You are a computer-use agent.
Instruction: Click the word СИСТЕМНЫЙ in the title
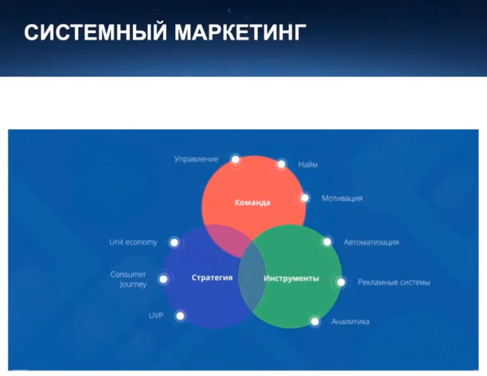pyautogui.click(x=95, y=32)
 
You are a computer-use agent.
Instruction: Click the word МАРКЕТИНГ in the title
pyautogui.click(x=240, y=32)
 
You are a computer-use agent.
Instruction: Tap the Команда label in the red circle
pyautogui.click(x=253, y=203)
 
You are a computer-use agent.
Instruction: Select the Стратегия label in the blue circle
pyautogui.click(x=212, y=277)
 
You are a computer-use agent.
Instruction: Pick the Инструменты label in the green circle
pyautogui.click(x=291, y=278)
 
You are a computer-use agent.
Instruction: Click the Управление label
pyautogui.click(x=196, y=159)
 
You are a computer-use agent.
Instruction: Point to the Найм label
pyautogui.click(x=308, y=165)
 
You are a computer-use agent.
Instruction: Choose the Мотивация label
pyautogui.click(x=342, y=198)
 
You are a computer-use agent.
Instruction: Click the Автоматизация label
pyautogui.click(x=371, y=242)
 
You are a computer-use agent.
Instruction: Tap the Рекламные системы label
pyautogui.click(x=394, y=283)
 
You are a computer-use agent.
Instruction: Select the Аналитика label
pyautogui.click(x=350, y=321)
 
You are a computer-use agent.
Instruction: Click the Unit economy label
pyautogui.click(x=133, y=242)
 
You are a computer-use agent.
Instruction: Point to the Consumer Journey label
pyautogui.click(x=129, y=279)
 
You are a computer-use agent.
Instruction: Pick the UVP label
pyautogui.click(x=156, y=316)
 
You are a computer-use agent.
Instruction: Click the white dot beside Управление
pyautogui.click(x=236, y=159)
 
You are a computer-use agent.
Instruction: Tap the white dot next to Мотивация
pyautogui.click(x=305, y=198)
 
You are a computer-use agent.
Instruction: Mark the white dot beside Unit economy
pyautogui.click(x=174, y=242)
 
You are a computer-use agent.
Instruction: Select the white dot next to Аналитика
pyautogui.click(x=315, y=321)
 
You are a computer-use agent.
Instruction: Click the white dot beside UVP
pyautogui.click(x=180, y=316)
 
